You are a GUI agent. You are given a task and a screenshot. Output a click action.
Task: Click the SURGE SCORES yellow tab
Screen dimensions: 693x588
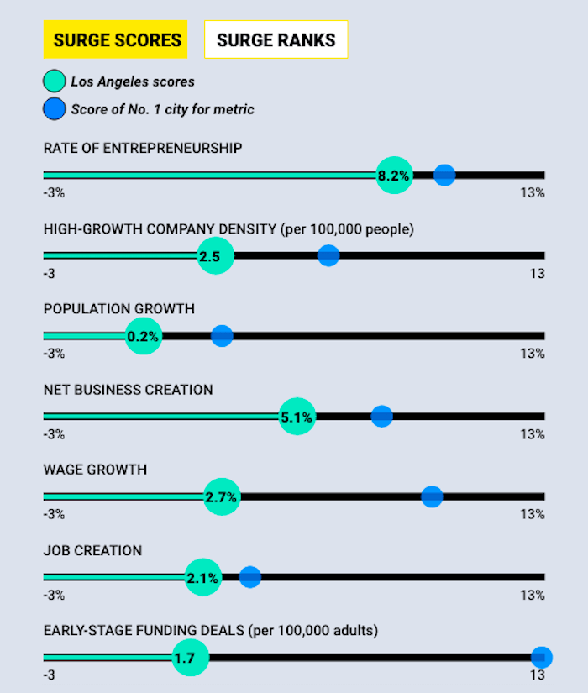pos(117,39)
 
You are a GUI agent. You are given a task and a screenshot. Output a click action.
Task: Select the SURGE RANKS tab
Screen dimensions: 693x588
pos(276,39)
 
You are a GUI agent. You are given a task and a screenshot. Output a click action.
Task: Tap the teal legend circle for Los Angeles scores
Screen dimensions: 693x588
pos(55,82)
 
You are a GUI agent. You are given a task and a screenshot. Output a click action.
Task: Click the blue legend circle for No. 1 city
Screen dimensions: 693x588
pos(55,108)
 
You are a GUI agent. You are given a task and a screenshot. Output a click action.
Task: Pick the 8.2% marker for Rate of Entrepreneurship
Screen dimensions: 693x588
pos(394,176)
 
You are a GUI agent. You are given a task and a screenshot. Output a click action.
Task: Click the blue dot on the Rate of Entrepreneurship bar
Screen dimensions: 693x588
pos(444,175)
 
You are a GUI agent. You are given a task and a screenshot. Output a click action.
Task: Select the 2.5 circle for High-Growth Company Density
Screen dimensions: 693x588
pos(215,256)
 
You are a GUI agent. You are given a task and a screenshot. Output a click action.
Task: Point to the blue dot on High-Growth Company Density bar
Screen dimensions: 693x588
pos(328,255)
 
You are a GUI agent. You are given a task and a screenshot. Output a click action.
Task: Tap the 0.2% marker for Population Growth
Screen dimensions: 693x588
pos(143,337)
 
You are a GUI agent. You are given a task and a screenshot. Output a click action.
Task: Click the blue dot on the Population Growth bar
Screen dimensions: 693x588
pos(222,336)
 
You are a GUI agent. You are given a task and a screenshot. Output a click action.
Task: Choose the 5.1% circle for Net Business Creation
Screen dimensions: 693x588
pos(297,417)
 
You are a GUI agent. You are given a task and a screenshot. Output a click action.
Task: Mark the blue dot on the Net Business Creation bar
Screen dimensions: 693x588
pos(381,416)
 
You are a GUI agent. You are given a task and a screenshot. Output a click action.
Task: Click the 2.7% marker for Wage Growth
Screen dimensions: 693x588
pos(222,497)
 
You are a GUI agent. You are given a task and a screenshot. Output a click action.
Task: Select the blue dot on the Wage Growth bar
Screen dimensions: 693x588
pos(432,496)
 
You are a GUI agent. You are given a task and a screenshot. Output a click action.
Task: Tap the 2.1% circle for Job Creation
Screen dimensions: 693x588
pos(202,578)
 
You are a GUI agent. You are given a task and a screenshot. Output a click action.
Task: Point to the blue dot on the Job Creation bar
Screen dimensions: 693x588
pos(250,577)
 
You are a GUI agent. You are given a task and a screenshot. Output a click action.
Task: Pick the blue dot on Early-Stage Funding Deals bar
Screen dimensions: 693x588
pos(542,657)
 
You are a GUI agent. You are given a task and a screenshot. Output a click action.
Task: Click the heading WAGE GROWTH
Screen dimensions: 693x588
pos(95,470)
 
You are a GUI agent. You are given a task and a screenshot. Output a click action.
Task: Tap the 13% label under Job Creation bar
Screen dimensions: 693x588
pos(532,596)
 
